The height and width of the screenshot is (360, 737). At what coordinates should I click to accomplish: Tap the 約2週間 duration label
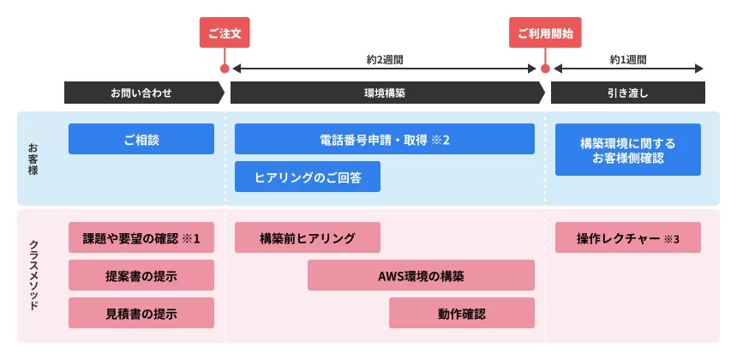coord(384,60)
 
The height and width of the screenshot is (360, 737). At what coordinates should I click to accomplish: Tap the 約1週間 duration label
coord(627,60)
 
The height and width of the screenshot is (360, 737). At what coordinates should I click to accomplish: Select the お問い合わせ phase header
coord(141,92)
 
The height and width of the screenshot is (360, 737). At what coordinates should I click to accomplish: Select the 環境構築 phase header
coord(384,92)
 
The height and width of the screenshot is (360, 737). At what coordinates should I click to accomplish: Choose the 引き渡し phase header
coord(627,92)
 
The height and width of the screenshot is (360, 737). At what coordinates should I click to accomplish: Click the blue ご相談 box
coord(141,139)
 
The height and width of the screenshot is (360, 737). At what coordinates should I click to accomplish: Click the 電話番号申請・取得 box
coord(384,139)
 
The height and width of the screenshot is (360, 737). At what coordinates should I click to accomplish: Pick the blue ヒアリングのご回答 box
coord(307,177)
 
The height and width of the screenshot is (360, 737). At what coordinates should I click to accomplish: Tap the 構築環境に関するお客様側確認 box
coord(627,150)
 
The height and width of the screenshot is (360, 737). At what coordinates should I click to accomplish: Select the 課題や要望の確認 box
coord(141,237)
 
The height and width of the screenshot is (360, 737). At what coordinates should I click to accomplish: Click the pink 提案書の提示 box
coord(141,275)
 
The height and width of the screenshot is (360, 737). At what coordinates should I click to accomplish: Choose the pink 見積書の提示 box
coord(141,313)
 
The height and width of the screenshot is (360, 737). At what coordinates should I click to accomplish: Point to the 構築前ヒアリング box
coord(307,237)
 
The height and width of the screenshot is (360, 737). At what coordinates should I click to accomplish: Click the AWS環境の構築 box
coord(421,275)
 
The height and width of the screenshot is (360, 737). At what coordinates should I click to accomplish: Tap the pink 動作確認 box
coord(461,313)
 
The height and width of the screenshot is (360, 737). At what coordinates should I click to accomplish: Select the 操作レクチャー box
coord(627,237)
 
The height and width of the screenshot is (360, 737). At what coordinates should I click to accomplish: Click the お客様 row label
coord(33,159)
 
